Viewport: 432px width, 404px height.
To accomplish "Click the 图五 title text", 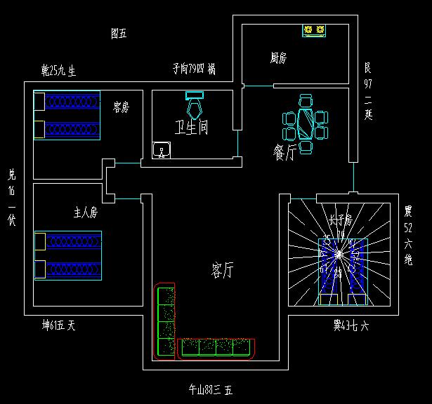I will (119, 33).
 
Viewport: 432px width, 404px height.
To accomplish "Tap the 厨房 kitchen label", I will (279, 58).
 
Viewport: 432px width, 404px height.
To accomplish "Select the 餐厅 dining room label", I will (284, 151).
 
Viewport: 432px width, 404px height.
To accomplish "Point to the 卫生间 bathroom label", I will (191, 128).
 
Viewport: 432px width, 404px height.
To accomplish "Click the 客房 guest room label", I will (122, 107).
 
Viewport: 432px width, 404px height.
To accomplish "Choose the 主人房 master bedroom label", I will (85, 211).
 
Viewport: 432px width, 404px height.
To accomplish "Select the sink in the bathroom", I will (162, 150).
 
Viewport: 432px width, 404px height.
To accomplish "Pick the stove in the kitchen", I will (315, 30).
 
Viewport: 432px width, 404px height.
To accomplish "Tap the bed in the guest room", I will (67, 115).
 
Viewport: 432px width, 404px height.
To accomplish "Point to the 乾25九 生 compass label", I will (58, 70).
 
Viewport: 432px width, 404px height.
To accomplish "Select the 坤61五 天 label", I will (58, 325).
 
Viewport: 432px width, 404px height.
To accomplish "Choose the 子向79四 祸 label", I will (194, 69).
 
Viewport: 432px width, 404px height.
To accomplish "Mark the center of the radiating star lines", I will (339, 255).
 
